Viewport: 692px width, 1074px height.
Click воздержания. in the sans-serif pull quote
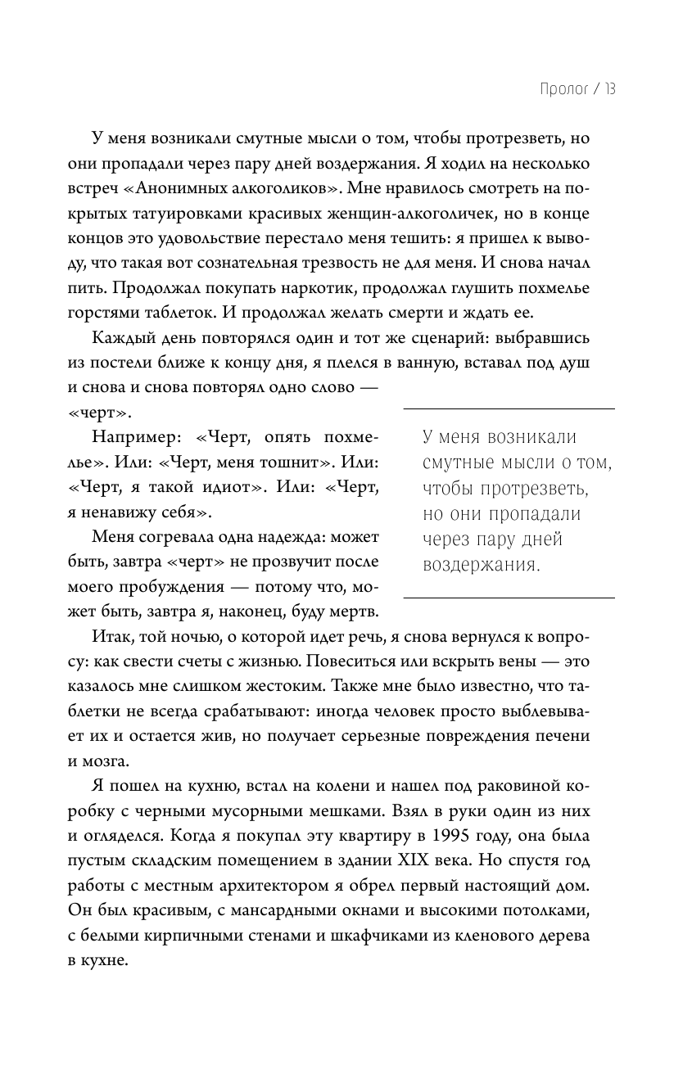pos(482,565)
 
